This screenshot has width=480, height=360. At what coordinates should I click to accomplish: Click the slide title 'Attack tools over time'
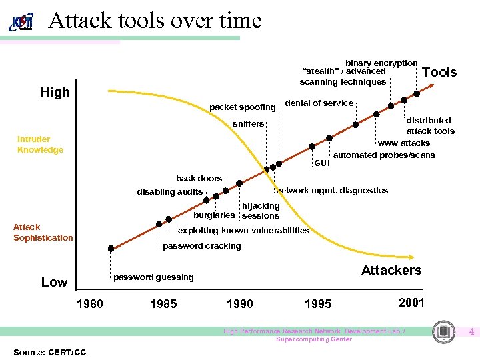click(x=155, y=20)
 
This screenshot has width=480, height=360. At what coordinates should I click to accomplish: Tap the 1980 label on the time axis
click(x=90, y=304)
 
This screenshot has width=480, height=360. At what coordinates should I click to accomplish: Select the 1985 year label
click(x=163, y=304)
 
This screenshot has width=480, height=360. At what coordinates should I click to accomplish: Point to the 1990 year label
click(x=239, y=304)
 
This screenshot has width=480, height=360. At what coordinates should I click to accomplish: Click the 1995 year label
click(x=317, y=304)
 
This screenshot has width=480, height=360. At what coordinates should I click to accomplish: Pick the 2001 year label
click(x=411, y=302)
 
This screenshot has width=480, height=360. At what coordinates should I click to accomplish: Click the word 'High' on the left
click(x=55, y=93)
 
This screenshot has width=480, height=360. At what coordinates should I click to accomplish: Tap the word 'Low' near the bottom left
click(x=54, y=282)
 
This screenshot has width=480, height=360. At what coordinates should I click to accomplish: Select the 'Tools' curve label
click(x=440, y=72)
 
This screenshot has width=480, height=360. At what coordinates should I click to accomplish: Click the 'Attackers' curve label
click(x=391, y=270)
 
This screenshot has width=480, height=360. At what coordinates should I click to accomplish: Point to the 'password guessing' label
click(x=153, y=277)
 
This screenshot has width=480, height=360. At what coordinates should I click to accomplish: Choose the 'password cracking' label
click(x=202, y=246)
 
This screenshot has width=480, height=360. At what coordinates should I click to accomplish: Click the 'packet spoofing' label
click(x=242, y=107)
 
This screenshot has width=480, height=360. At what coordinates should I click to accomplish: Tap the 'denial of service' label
click(x=319, y=103)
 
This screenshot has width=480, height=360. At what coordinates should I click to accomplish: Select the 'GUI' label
click(x=321, y=162)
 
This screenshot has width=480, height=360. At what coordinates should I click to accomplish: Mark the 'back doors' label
click(x=199, y=179)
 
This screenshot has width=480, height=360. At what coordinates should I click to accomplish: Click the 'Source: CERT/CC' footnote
click(x=49, y=351)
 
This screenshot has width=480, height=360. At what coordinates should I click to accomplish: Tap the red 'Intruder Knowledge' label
click(x=40, y=145)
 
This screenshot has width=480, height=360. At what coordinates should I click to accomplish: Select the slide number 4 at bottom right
click(x=471, y=331)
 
